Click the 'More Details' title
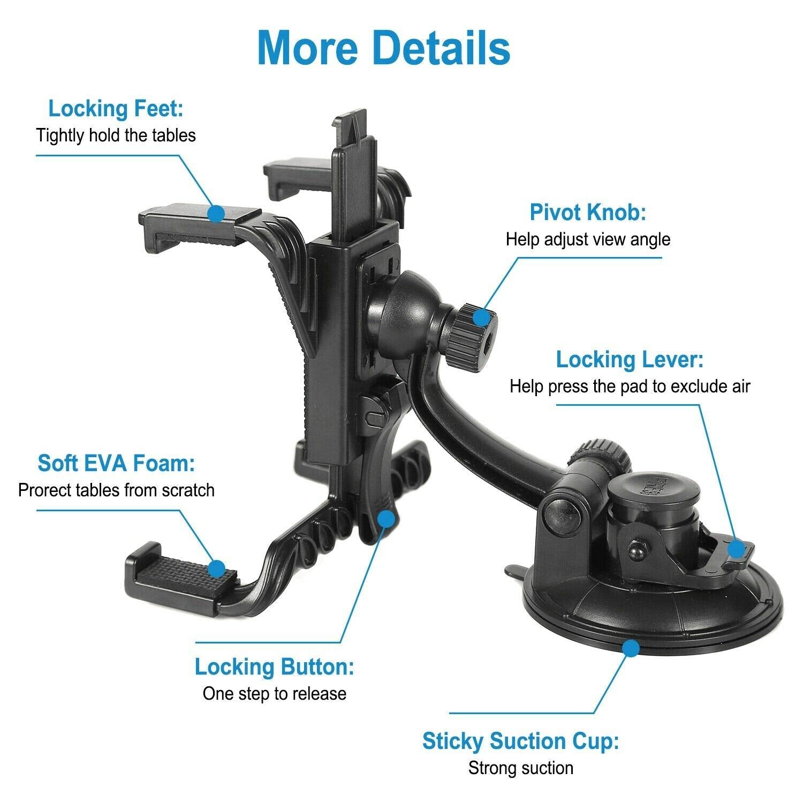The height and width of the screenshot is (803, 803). tap(383, 48)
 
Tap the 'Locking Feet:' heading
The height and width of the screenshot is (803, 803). tap(116, 109)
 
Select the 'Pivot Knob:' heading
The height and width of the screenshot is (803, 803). tap(588, 213)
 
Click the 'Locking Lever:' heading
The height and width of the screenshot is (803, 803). tap(630, 360)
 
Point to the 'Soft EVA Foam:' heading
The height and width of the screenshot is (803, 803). tap(116, 463)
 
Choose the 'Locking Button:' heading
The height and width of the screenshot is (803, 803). tap(274, 667)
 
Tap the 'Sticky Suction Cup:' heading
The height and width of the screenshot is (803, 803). tap(520, 741)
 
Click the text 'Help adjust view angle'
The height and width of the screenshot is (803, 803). tap(588, 239)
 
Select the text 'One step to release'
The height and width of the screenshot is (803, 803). tap(274, 694)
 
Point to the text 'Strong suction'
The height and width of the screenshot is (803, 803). tap(520, 768)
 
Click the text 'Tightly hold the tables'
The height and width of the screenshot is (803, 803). tap(116, 135)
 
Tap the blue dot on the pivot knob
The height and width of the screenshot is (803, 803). tap(482, 318)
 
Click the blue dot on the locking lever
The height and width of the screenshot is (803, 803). tap(737, 548)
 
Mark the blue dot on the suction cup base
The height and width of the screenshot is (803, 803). tap(632, 649)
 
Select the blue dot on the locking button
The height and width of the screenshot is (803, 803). tap(387, 518)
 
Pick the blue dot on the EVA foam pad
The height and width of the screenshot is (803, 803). tap(217, 569)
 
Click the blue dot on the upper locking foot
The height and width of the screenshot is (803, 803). tap(216, 213)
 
